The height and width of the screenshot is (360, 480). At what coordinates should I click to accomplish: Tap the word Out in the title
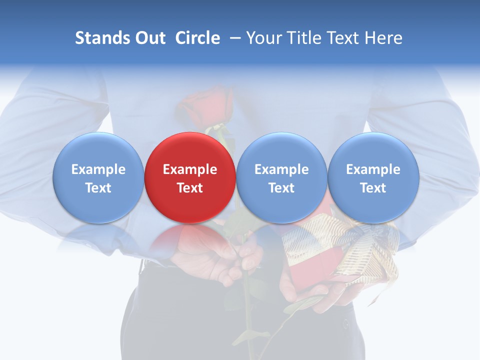pos(149,38)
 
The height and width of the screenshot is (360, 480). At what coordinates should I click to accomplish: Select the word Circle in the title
pos(197,38)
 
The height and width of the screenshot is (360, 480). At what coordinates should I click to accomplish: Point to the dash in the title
pos(235,38)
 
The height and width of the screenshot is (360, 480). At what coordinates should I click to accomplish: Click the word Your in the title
pos(263,38)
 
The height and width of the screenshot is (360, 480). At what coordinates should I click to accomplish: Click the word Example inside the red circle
pos(189,169)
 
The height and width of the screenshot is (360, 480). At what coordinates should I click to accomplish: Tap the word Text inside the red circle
pos(189,188)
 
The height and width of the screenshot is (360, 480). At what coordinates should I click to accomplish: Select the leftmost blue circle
pos(98,177)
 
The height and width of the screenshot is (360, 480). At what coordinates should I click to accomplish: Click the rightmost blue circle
pos(373,177)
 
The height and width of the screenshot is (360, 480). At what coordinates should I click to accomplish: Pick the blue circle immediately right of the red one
pos(281,177)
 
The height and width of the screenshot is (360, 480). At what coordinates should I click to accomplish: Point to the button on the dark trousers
pos(345,324)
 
